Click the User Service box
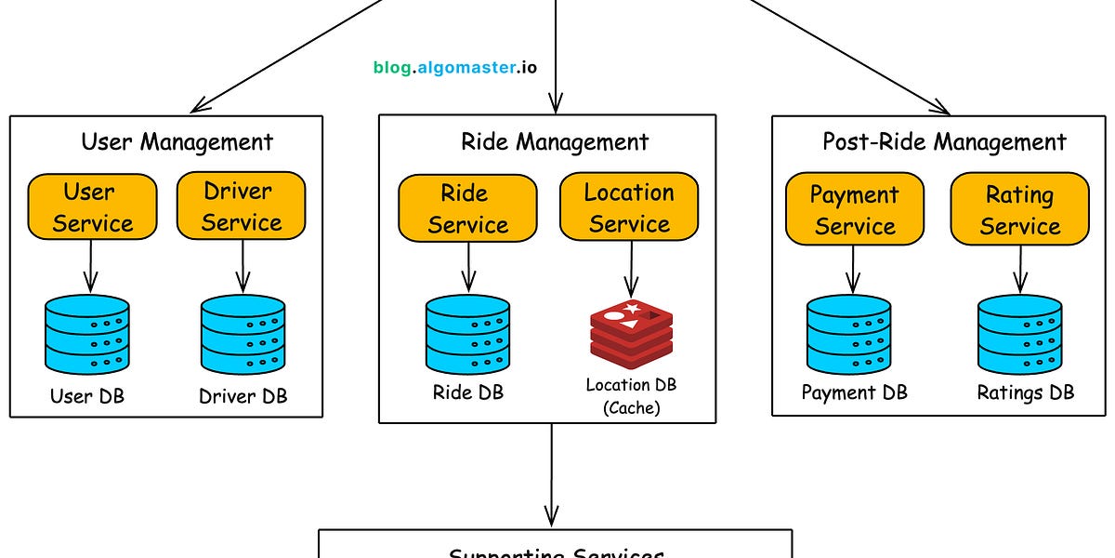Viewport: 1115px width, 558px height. (91, 206)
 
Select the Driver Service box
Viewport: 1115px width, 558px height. (242, 206)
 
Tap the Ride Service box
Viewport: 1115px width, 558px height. (467, 208)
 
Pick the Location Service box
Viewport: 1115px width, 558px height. (629, 208)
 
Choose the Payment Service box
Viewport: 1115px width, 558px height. (854, 210)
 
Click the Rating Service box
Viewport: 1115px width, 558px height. (1019, 210)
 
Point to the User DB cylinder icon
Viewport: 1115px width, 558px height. (87, 335)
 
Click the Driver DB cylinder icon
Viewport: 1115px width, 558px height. (243, 335)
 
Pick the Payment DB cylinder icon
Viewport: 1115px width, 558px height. (848, 335)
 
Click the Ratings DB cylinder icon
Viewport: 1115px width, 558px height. (1020, 335)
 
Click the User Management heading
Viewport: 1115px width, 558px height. (177, 141)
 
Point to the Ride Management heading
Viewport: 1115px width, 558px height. (555, 141)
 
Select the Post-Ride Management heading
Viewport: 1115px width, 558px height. (944, 141)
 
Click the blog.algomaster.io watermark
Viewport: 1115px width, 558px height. (454, 67)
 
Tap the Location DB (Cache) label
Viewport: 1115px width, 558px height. (630, 396)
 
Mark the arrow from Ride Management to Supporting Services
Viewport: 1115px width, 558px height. (552, 474)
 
